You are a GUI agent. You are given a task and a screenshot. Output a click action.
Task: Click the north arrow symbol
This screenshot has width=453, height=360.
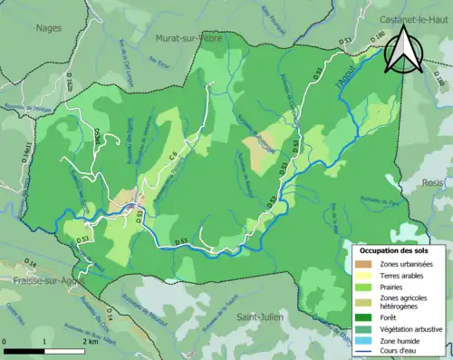tap(401, 50)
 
